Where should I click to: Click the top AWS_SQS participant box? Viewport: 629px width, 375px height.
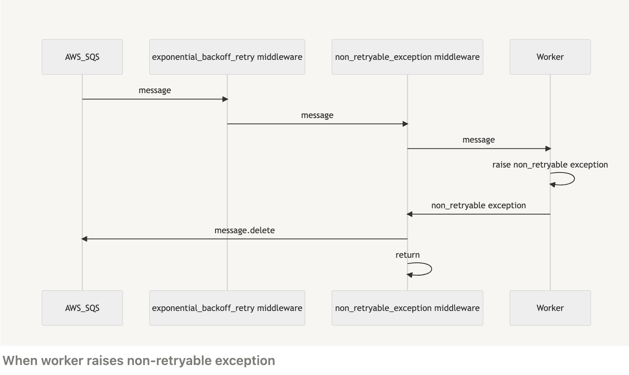pyautogui.click(x=82, y=57)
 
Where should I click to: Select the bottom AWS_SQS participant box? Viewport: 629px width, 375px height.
pyautogui.click(x=82, y=308)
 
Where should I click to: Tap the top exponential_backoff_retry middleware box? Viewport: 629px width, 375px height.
pyautogui.click(x=227, y=57)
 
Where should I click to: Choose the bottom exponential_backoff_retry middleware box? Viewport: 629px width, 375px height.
pyautogui.click(x=227, y=308)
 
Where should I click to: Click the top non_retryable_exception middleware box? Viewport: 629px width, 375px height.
pyautogui.click(x=407, y=57)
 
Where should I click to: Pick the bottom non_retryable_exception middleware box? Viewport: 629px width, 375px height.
pyautogui.click(x=407, y=308)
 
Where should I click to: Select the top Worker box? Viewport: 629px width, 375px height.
pyautogui.click(x=550, y=57)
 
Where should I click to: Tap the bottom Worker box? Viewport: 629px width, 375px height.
pyautogui.click(x=550, y=308)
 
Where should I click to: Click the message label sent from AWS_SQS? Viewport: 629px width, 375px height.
pyautogui.click(x=155, y=91)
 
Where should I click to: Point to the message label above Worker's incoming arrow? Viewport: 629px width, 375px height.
pyautogui.click(x=478, y=140)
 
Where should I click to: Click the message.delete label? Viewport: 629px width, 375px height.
pyautogui.click(x=244, y=230)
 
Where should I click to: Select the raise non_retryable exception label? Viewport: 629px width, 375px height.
pyautogui.click(x=550, y=165)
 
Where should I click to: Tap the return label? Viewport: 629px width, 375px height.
pyautogui.click(x=407, y=255)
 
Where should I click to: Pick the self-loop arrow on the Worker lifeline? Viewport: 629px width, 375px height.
pyautogui.click(x=573, y=179)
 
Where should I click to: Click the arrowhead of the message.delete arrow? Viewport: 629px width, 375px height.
pyautogui.click(x=84, y=239)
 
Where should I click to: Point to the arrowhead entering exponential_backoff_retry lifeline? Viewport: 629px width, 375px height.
pyautogui.click(x=225, y=99)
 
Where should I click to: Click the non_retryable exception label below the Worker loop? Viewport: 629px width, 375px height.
pyautogui.click(x=478, y=205)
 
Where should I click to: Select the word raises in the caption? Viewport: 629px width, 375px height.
pyautogui.click(x=104, y=360)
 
